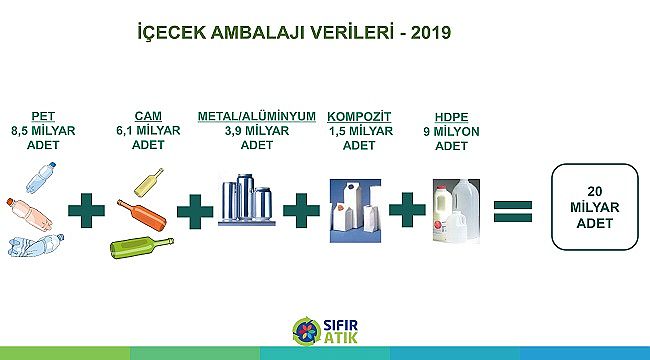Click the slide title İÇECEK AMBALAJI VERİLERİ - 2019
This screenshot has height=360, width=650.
pos(293,32)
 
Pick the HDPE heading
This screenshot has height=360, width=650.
pos(450,116)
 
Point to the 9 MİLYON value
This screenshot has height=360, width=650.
pos(450,130)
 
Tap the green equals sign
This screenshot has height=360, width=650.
pos(511,211)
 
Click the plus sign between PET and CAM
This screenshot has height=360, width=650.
pos(87,211)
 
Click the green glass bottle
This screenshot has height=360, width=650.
pos(141,244)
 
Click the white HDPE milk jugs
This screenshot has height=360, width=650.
pos(456,210)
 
